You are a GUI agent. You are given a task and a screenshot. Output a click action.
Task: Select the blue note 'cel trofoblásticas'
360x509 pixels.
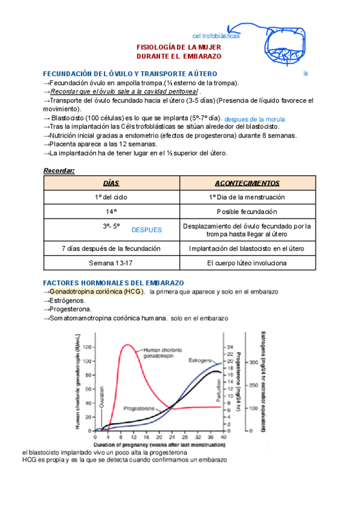click(x=216, y=36)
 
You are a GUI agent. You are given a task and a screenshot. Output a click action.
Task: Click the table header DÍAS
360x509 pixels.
click(x=112, y=183)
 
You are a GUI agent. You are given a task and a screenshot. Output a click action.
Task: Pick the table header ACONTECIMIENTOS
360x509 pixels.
click(x=247, y=183)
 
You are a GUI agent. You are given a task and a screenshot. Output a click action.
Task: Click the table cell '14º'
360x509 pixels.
click(x=112, y=212)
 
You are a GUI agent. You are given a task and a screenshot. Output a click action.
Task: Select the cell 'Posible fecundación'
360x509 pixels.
click(x=247, y=212)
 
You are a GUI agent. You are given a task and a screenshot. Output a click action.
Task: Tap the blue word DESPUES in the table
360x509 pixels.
click(x=147, y=230)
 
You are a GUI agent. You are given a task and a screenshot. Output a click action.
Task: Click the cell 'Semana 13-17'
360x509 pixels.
click(x=112, y=263)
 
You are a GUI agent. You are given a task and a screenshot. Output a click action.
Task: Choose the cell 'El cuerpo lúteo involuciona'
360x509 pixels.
click(x=247, y=263)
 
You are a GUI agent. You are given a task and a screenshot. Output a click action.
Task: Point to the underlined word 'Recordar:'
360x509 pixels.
click(x=59, y=170)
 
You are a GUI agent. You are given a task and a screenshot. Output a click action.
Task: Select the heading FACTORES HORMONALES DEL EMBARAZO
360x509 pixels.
click(x=114, y=283)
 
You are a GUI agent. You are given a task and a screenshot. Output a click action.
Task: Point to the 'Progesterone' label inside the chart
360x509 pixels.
click(x=140, y=408)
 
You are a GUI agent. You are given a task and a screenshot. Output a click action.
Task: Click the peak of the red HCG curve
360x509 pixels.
click(x=127, y=345)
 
